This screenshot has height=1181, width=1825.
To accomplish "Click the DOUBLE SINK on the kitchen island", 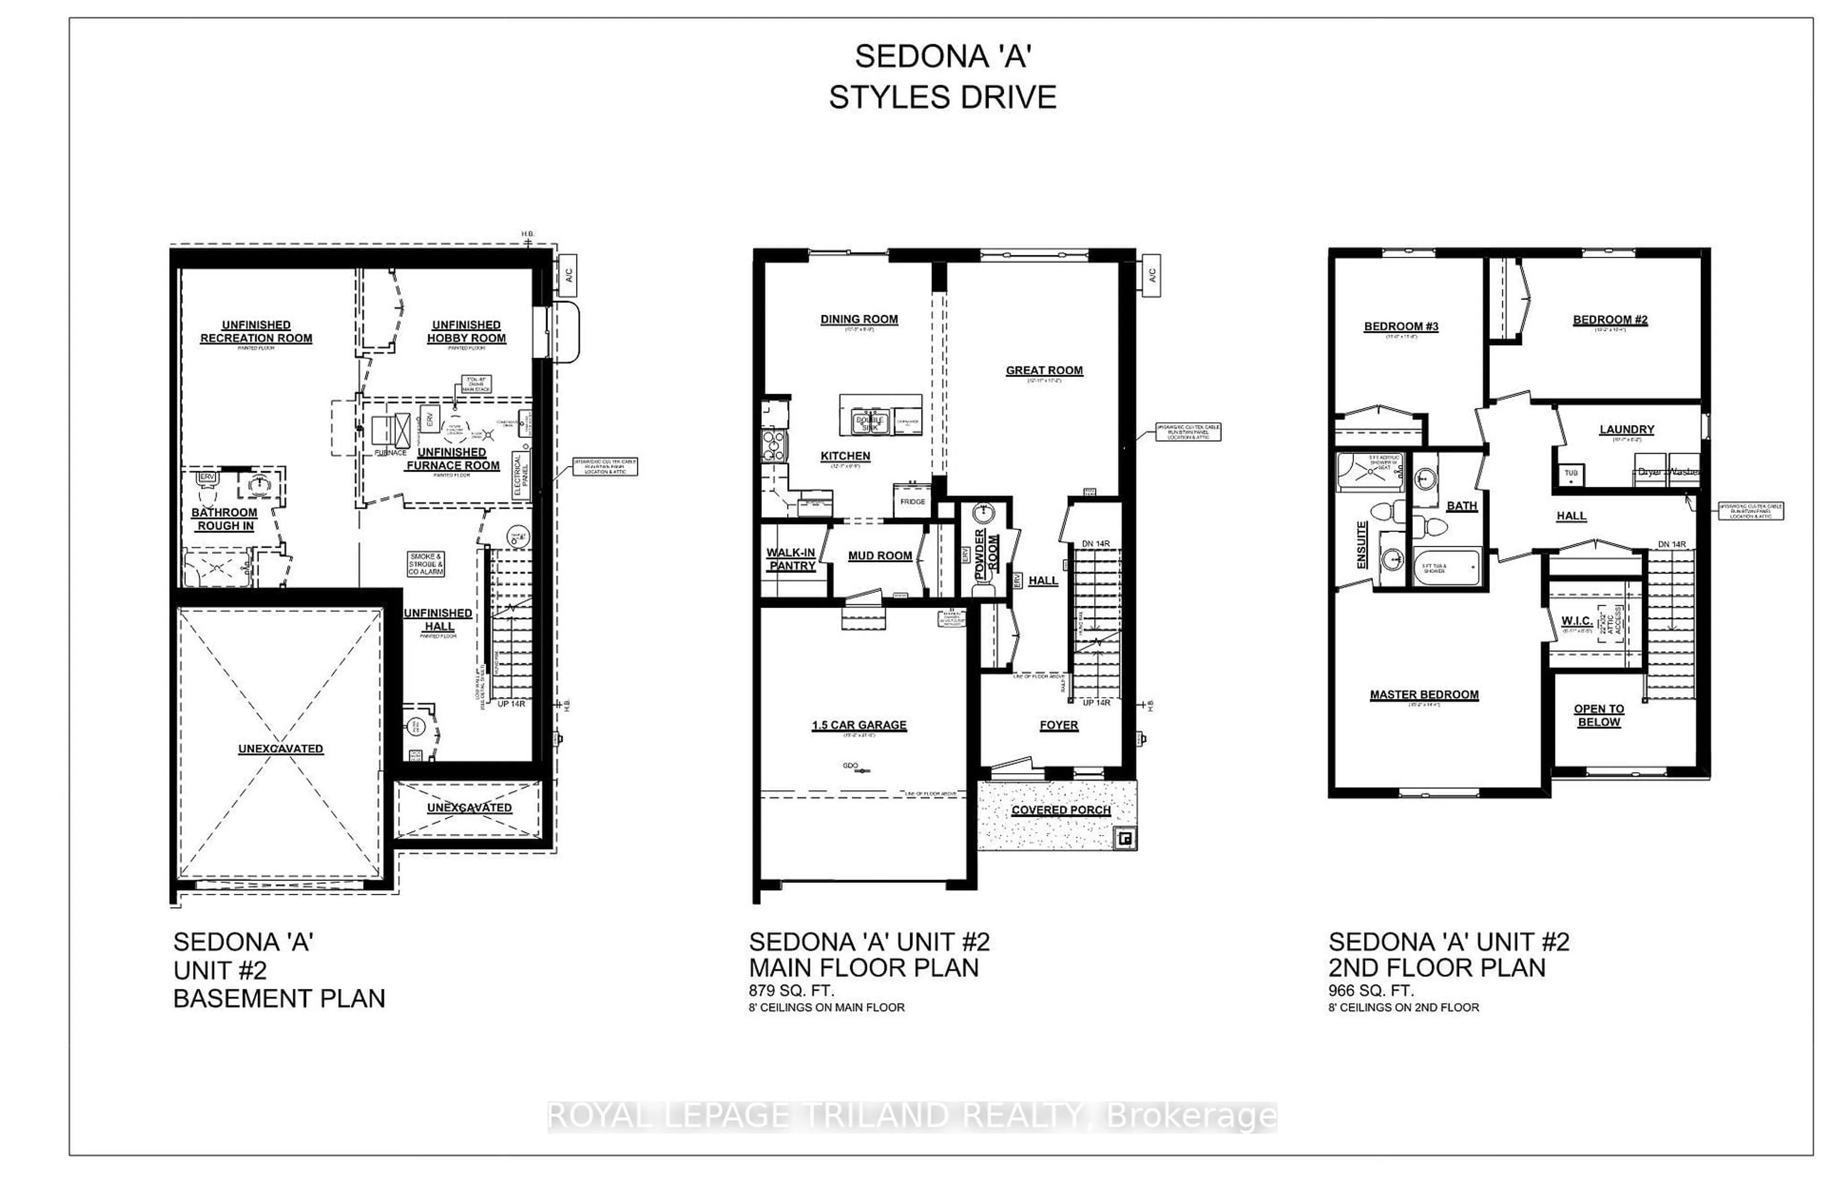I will click(870, 423).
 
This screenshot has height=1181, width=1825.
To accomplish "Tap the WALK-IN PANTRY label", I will click(791, 559).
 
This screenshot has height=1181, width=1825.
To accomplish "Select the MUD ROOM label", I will click(879, 555).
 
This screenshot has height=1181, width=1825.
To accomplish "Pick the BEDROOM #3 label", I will click(1401, 326).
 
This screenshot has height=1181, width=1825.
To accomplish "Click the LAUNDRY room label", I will click(1626, 429).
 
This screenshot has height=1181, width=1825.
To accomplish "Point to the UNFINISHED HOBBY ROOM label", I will click(466, 331).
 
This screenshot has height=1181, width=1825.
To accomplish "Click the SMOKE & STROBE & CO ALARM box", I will click(425, 564).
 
